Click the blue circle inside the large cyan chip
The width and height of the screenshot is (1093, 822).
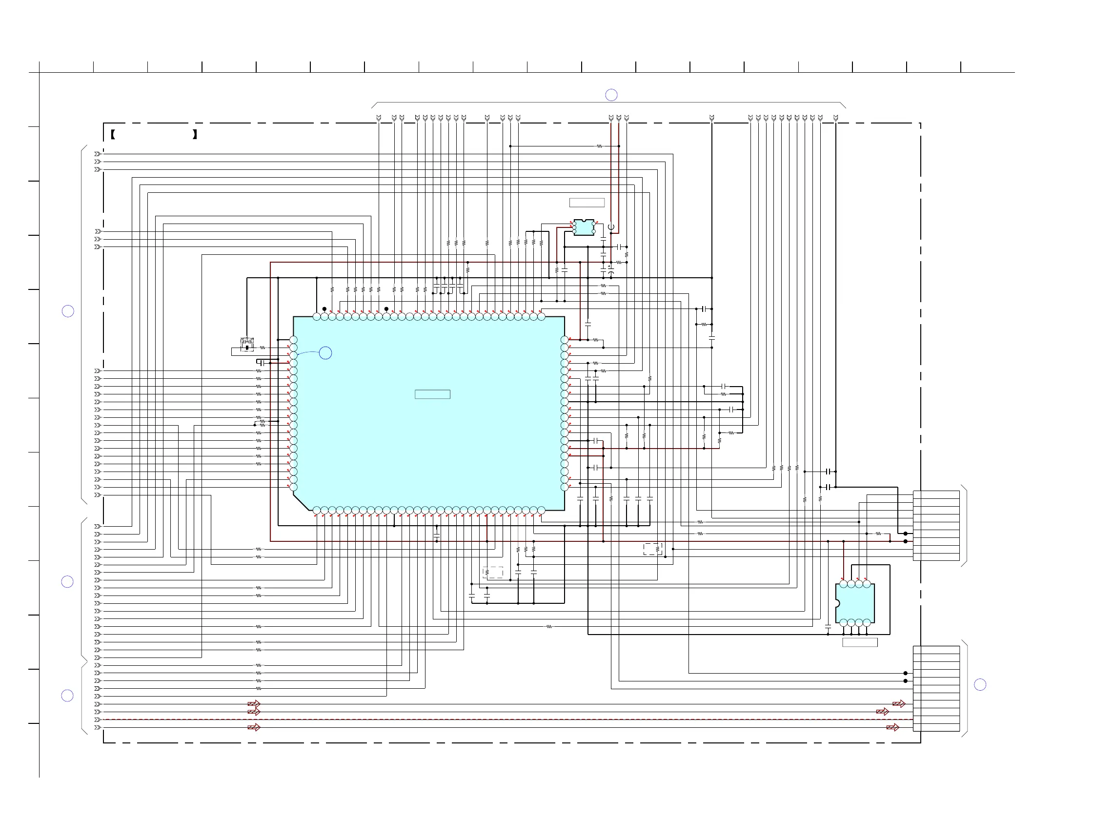[325, 353]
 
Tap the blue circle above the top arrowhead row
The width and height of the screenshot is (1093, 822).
[611, 95]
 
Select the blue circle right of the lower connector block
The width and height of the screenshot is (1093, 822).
[980, 684]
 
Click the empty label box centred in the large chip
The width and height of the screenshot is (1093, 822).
[432, 394]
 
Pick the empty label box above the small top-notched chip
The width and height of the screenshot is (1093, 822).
[587, 203]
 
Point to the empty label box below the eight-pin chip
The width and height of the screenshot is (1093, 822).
[860, 642]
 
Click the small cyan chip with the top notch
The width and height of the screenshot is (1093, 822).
[584, 227]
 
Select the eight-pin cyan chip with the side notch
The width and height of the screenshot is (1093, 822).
[855, 603]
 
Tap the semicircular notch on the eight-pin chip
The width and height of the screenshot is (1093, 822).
[837, 603]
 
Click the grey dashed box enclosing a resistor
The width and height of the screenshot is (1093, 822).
[493, 573]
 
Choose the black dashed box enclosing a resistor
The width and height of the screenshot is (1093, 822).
[652, 549]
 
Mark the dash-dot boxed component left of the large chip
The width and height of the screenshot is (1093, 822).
[247, 345]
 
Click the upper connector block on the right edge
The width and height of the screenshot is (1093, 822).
[936, 526]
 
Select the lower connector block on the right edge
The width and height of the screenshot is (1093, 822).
[936, 689]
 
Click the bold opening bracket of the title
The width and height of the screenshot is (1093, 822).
[113, 134]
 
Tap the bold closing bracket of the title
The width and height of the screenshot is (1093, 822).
[195, 134]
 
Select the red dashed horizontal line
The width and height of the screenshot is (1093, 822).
[494, 719]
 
